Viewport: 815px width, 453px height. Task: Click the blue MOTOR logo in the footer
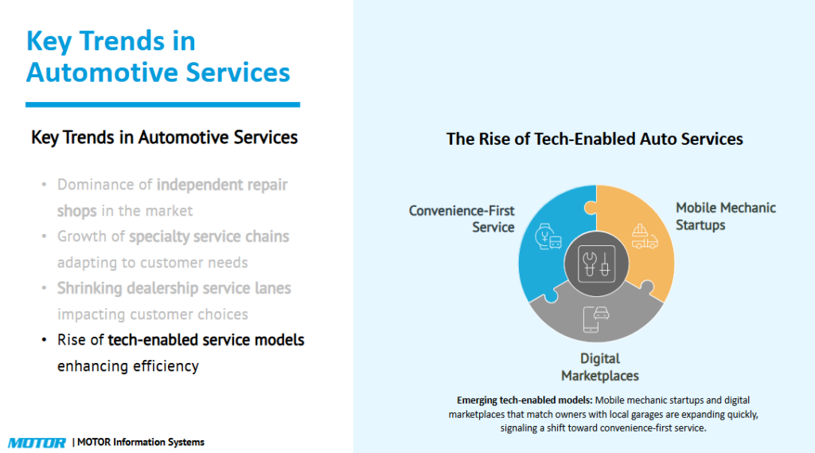tap(37, 442)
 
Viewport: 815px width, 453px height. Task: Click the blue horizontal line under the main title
tap(162, 104)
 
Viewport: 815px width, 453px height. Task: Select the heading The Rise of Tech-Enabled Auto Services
tap(594, 139)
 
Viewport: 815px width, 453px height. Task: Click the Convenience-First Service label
tap(462, 219)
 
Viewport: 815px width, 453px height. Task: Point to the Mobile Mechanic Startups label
tap(725, 216)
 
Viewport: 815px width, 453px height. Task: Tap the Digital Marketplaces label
tap(599, 367)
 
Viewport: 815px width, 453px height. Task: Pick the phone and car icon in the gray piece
tap(595, 316)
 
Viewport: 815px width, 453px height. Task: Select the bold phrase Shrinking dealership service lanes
tap(174, 288)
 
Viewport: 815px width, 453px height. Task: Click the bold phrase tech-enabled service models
tap(206, 340)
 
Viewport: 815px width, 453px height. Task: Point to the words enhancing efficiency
tap(127, 366)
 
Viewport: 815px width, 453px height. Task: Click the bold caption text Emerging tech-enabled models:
tap(524, 400)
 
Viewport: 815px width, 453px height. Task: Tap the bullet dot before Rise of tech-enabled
tap(45, 341)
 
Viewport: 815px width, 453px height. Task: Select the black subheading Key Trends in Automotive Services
tap(164, 137)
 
